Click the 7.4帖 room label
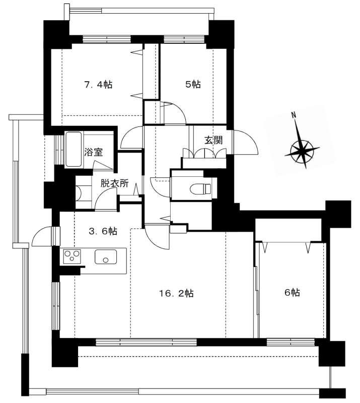click(x=98, y=84)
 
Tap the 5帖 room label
click(x=193, y=84)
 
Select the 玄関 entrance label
click(x=213, y=140)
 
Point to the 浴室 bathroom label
click(x=94, y=152)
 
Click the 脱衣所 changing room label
click(x=114, y=183)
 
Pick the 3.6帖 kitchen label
click(x=103, y=231)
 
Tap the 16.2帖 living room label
click(x=176, y=293)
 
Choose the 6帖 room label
click(x=292, y=293)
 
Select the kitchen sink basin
click(x=106, y=257)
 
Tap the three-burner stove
click(x=72, y=256)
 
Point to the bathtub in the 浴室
click(x=74, y=149)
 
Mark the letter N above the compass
click(x=293, y=115)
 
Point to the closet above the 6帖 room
click(x=288, y=230)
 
